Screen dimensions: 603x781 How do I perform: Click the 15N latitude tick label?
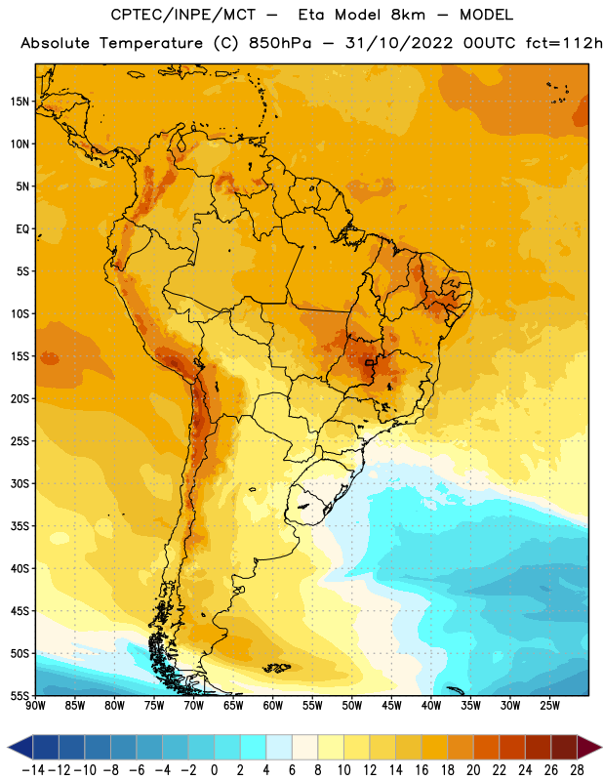tap(20, 102)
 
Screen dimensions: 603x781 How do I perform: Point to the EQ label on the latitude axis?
tap(22, 229)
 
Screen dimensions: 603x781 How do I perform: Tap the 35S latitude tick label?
tap(20, 526)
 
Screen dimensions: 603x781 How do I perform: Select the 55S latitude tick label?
tap(20, 695)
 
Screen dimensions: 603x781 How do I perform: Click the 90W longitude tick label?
tap(35, 706)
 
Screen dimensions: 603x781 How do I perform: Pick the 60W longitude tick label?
tap(273, 706)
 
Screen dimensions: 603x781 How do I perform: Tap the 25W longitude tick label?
tap(549, 706)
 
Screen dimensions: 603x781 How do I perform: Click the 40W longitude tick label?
tap(431, 706)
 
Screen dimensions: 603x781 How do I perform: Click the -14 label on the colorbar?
tap(33, 770)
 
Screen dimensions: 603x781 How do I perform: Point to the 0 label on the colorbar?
tap(214, 770)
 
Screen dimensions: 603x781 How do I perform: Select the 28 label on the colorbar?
tap(577, 770)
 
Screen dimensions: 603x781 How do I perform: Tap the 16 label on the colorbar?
tap(422, 770)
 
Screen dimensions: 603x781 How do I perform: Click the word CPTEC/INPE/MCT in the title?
tap(182, 15)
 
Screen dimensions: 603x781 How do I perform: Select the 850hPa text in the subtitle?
tap(280, 43)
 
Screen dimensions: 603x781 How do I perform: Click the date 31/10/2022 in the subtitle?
tap(399, 43)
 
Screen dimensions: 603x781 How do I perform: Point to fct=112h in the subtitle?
tap(564, 43)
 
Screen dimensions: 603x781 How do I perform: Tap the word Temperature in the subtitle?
tap(151, 44)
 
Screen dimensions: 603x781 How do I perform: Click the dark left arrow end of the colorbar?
tap(20, 747)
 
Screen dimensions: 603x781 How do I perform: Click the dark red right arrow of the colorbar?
tap(589, 747)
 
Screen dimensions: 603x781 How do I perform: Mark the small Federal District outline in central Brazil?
tap(369, 363)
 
